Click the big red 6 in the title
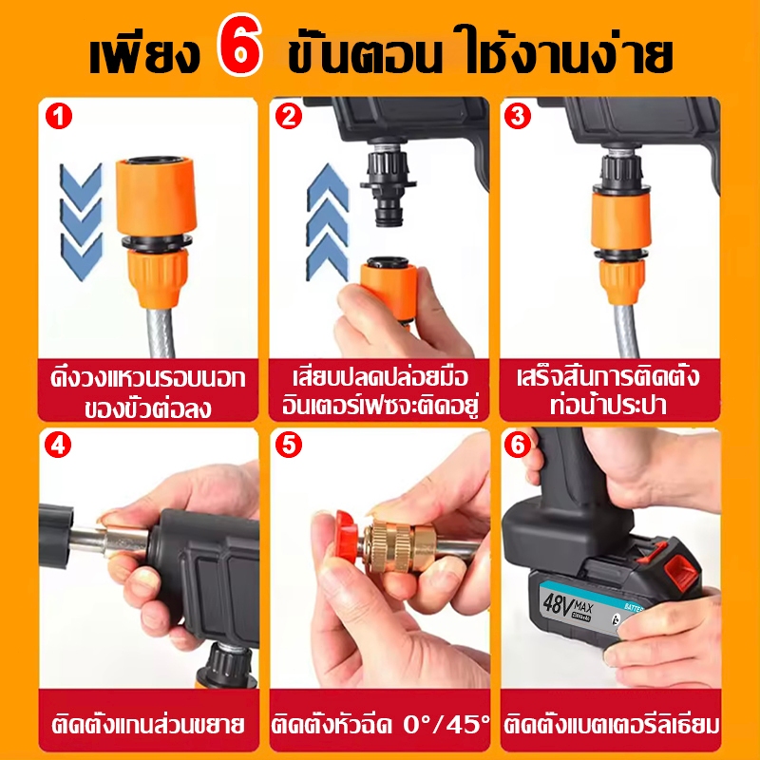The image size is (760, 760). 240,50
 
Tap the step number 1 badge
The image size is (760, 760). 59,117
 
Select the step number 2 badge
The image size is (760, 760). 289,116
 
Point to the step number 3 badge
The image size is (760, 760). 518,116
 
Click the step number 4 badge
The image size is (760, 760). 58,445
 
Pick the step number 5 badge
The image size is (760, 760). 289,445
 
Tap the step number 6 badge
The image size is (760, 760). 518,445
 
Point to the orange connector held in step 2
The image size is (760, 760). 388,290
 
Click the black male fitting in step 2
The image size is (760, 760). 388,185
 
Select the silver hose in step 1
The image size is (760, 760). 161,333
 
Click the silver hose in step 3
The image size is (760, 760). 625,331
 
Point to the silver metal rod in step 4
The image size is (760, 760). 110,541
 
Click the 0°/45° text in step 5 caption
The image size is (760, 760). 446,725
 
